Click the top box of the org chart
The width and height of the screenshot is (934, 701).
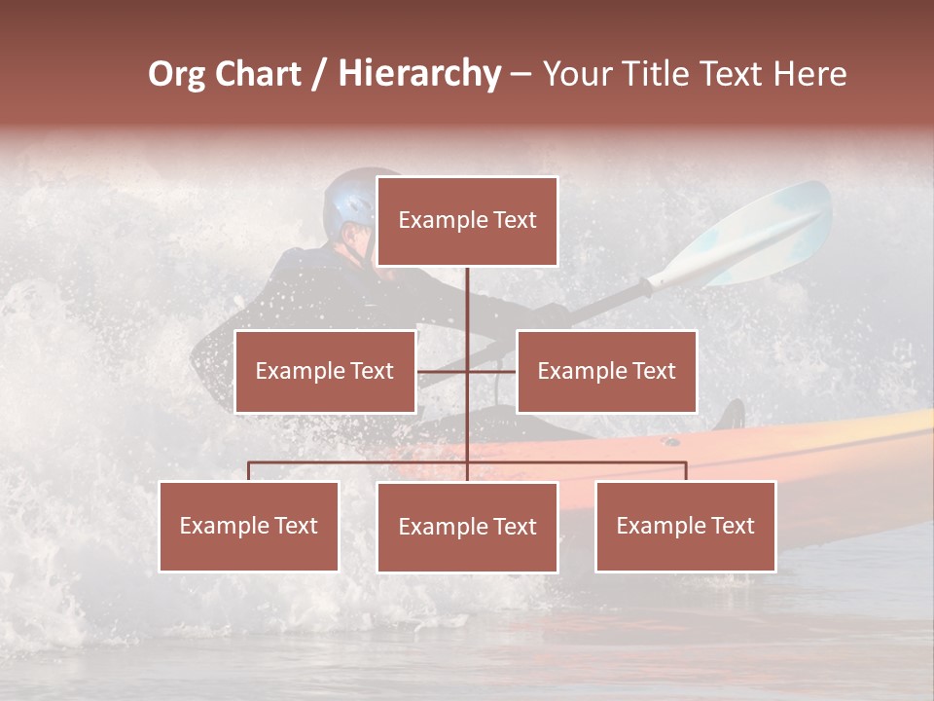coord(467,221)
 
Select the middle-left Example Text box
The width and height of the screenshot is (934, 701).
coord(325,371)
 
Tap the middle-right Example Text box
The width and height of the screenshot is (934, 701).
coord(606,371)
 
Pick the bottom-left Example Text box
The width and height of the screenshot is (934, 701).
coord(249,526)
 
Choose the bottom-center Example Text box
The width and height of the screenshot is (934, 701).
coord(467,527)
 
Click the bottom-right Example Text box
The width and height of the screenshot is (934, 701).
coord(685,526)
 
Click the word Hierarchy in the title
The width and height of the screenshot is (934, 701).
coord(419,74)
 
